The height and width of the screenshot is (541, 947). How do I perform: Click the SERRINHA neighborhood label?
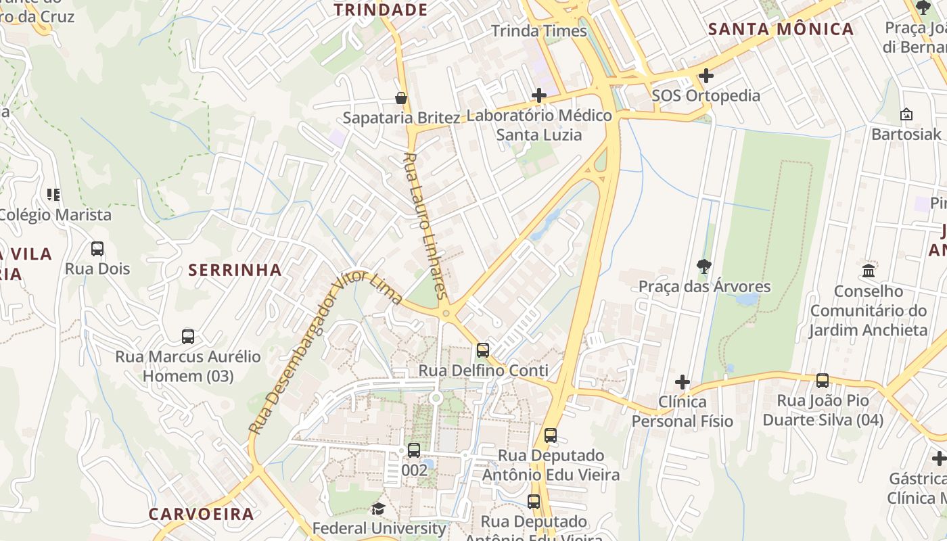coord(235,270)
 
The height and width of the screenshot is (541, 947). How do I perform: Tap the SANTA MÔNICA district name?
coord(781,29)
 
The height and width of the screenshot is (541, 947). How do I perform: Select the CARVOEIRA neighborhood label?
coord(202,514)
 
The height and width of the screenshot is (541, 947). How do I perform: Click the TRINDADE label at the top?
coord(381,9)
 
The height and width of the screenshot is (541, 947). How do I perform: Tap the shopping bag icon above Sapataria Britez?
coord(401,98)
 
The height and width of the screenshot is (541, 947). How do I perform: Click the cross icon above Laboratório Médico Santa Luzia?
coord(539,96)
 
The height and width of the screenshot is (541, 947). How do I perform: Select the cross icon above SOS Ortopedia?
coord(706,76)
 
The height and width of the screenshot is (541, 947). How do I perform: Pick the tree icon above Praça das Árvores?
coord(704,266)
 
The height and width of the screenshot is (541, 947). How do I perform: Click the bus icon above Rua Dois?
coord(97,249)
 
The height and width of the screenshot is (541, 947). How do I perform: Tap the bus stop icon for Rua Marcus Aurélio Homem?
coord(188,336)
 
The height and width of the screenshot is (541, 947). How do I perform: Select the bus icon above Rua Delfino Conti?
coord(483,350)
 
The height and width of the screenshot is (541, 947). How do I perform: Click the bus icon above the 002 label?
coord(414,450)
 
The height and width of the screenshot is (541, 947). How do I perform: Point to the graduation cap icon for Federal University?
coord(378,509)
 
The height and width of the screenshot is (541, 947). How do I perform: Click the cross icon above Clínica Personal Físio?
coord(682,383)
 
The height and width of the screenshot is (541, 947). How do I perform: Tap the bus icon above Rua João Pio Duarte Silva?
coord(823,381)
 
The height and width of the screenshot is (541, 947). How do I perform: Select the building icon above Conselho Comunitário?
coord(869,271)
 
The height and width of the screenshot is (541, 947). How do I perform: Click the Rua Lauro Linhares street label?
coord(425,226)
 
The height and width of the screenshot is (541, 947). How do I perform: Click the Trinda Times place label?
coord(539,31)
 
